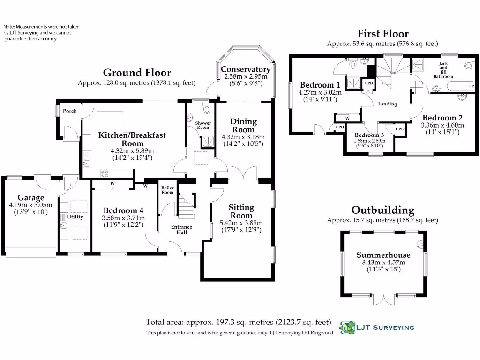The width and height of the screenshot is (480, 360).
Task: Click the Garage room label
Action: point(30,197)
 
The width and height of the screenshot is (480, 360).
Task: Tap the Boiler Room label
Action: point(167,190)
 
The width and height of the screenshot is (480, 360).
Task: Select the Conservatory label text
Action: point(246,69)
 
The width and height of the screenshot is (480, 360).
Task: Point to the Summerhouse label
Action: point(383,255)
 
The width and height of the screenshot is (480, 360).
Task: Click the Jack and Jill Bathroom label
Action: point(443,70)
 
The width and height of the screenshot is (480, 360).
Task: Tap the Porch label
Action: point(70,111)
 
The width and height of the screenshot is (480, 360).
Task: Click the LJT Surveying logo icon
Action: point(347,328)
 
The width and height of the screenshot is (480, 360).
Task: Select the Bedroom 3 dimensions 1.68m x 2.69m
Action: point(369,141)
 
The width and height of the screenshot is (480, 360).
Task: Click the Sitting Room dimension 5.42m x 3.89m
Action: point(241,223)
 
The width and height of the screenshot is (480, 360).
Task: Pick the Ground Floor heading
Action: point(137,73)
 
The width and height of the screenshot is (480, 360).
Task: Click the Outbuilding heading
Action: point(383,210)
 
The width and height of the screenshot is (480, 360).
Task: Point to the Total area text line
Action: point(239,322)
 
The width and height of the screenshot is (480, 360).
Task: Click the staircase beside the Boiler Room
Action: point(186,205)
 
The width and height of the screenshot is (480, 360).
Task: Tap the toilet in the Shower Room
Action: point(208,109)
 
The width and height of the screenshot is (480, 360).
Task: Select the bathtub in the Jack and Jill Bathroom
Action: point(460,86)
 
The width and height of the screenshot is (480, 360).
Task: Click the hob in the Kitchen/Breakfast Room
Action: point(105,173)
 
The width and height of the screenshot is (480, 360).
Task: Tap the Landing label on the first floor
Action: point(388,104)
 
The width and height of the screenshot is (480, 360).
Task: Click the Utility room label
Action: point(75,217)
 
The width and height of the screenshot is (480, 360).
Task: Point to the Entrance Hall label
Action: point(181,230)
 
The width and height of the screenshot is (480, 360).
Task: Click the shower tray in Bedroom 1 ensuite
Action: point(353,82)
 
